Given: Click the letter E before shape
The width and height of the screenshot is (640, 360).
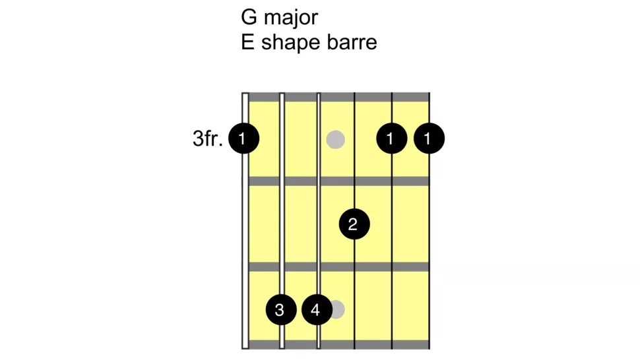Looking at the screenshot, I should tap(248, 43).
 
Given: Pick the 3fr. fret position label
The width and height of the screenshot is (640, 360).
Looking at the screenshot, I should tap(207, 139).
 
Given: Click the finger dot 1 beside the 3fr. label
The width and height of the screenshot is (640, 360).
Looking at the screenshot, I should tap(243, 139).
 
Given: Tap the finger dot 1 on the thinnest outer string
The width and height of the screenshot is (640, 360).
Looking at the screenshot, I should tap(429, 139).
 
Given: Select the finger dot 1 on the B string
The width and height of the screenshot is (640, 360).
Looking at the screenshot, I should tap(392, 139).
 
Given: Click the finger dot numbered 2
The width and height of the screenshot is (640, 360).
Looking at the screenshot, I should tap(354, 224).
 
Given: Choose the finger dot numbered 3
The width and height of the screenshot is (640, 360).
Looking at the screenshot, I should tap(280, 309).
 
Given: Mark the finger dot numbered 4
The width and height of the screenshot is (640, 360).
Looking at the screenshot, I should tap(317, 309).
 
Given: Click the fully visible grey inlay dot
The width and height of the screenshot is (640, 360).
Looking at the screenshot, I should tap(336, 139).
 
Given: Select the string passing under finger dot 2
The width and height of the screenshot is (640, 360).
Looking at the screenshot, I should tap(355, 165).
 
